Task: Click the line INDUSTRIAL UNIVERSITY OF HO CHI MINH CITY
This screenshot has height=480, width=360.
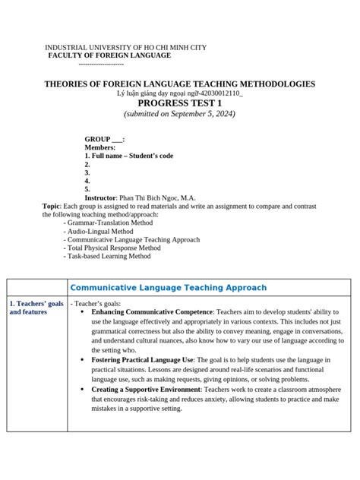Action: point(125,47)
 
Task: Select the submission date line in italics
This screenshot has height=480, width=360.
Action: point(179,114)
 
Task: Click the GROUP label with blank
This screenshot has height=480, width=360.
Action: point(105,140)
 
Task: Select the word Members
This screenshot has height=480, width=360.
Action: point(100,147)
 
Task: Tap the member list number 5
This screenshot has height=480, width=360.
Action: point(87,188)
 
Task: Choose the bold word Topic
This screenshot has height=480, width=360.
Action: point(51,206)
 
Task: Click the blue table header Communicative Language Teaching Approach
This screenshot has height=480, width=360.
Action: point(168,288)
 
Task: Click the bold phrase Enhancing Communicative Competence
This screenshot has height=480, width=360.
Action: point(152,312)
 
